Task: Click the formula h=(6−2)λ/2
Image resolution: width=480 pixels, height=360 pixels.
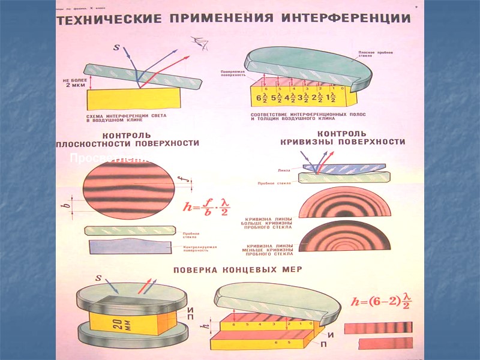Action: (x=382, y=301)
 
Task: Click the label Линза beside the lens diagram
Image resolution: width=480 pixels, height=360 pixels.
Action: (x=285, y=170)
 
